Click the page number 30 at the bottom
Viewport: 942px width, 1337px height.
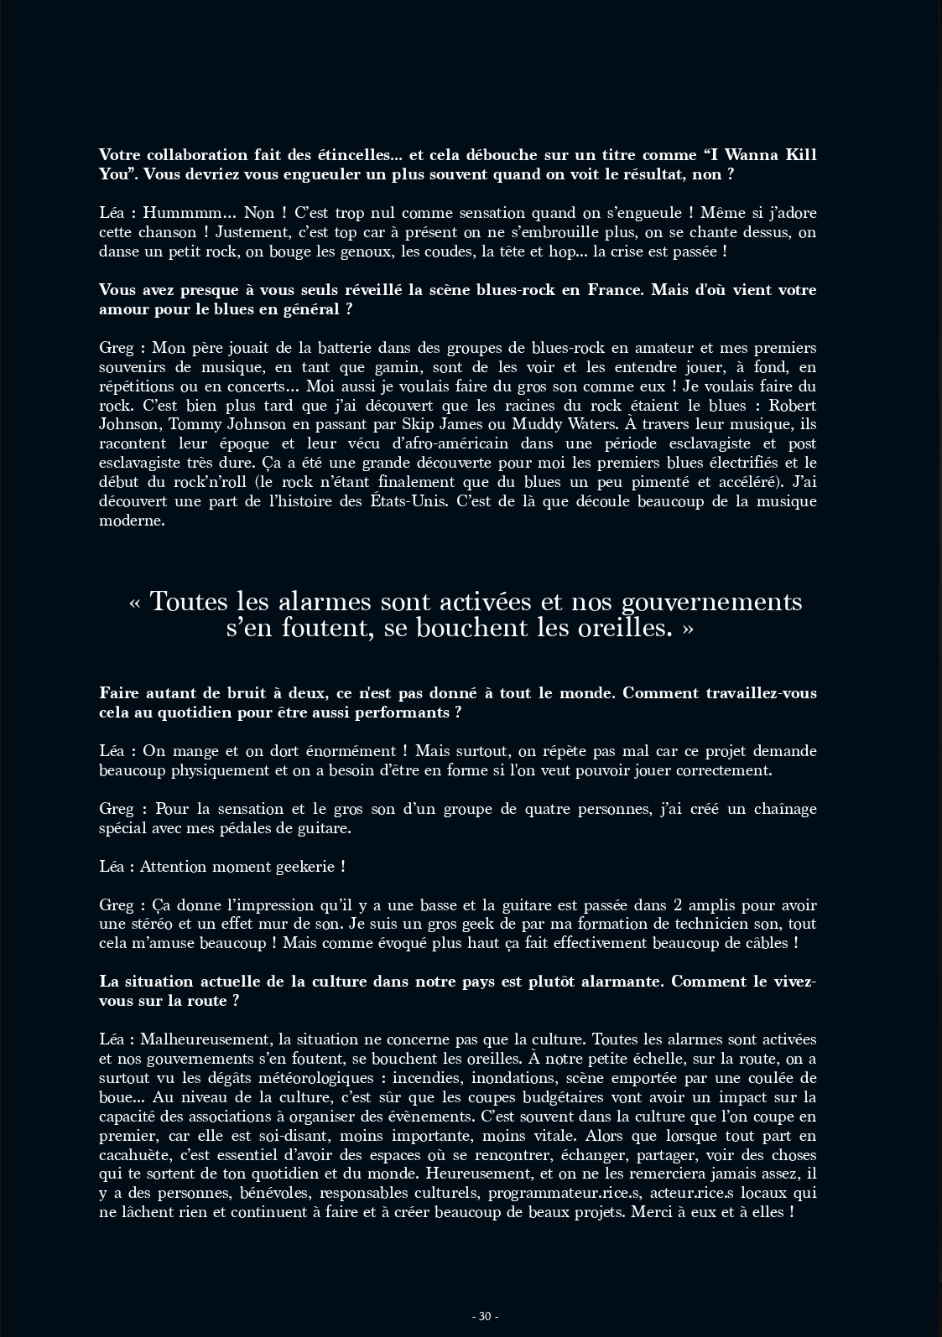485,1316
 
